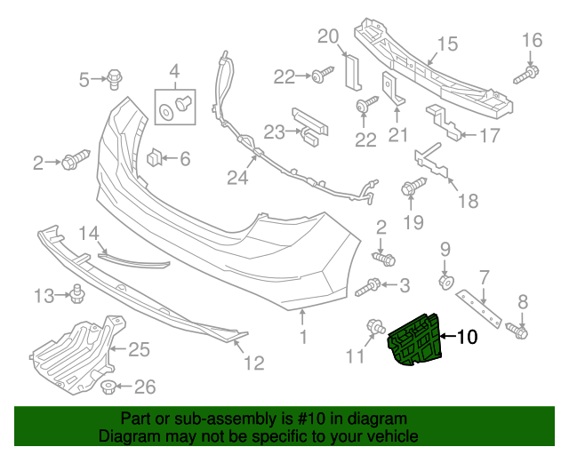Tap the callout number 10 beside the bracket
point(467,337)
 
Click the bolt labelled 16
point(530,70)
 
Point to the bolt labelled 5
point(115,79)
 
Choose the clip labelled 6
point(156,158)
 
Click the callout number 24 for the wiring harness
point(236,178)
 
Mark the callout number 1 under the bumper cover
point(303,338)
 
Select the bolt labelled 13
point(77,291)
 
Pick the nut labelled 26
point(108,387)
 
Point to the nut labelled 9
point(446,282)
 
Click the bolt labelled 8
point(520,331)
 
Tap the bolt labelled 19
point(412,188)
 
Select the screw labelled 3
point(371,287)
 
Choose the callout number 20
point(328,36)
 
